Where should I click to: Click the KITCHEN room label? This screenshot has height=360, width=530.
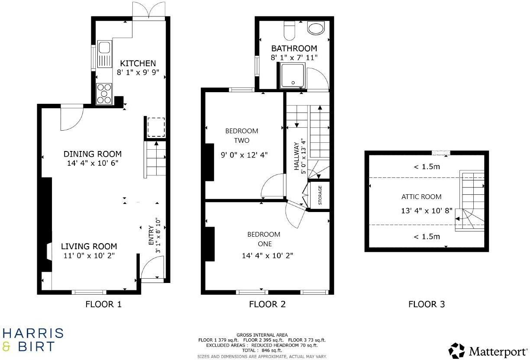[x=138, y=63]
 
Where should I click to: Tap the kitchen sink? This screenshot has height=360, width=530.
[x=105, y=55]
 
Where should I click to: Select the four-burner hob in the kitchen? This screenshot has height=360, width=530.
[x=104, y=93]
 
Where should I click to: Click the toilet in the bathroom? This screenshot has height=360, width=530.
[x=289, y=31]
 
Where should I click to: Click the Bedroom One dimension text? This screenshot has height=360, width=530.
[x=267, y=256]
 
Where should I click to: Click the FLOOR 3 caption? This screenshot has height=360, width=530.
[x=426, y=304]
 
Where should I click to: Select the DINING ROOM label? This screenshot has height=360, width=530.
[x=93, y=154]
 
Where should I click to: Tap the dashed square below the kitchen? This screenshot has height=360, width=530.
[x=156, y=127]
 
